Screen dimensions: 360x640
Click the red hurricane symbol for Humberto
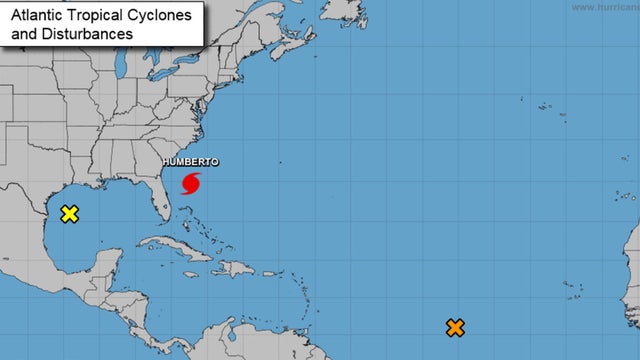191,183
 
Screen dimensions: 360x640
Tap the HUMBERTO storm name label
190,162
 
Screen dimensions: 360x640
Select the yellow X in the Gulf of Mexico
69,214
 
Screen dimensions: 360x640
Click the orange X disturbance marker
455,327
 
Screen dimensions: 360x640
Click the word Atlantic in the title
35,15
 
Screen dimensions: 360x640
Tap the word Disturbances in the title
85,33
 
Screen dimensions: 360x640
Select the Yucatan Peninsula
104,263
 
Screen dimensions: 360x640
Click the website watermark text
604,6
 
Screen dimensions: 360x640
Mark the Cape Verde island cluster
572,289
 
